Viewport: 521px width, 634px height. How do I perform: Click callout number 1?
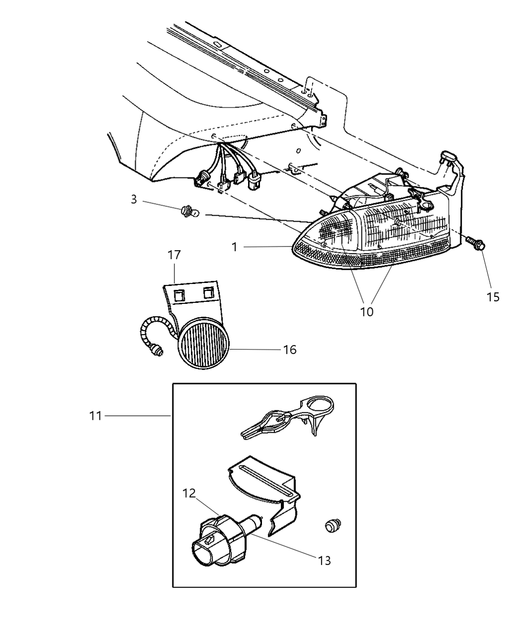[234, 247]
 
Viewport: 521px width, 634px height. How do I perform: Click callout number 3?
[134, 199]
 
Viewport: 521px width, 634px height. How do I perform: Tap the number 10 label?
[366, 312]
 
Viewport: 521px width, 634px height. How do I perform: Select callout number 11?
[95, 415]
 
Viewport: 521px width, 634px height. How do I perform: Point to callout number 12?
[189, 494]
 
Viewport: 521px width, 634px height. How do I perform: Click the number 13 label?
[324, 560]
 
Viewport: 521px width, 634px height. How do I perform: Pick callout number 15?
[493, 297]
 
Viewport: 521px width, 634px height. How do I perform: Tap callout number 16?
[289, 350]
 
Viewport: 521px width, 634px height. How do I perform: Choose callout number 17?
[174, 255]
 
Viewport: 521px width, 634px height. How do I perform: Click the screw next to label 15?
[476, 243]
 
